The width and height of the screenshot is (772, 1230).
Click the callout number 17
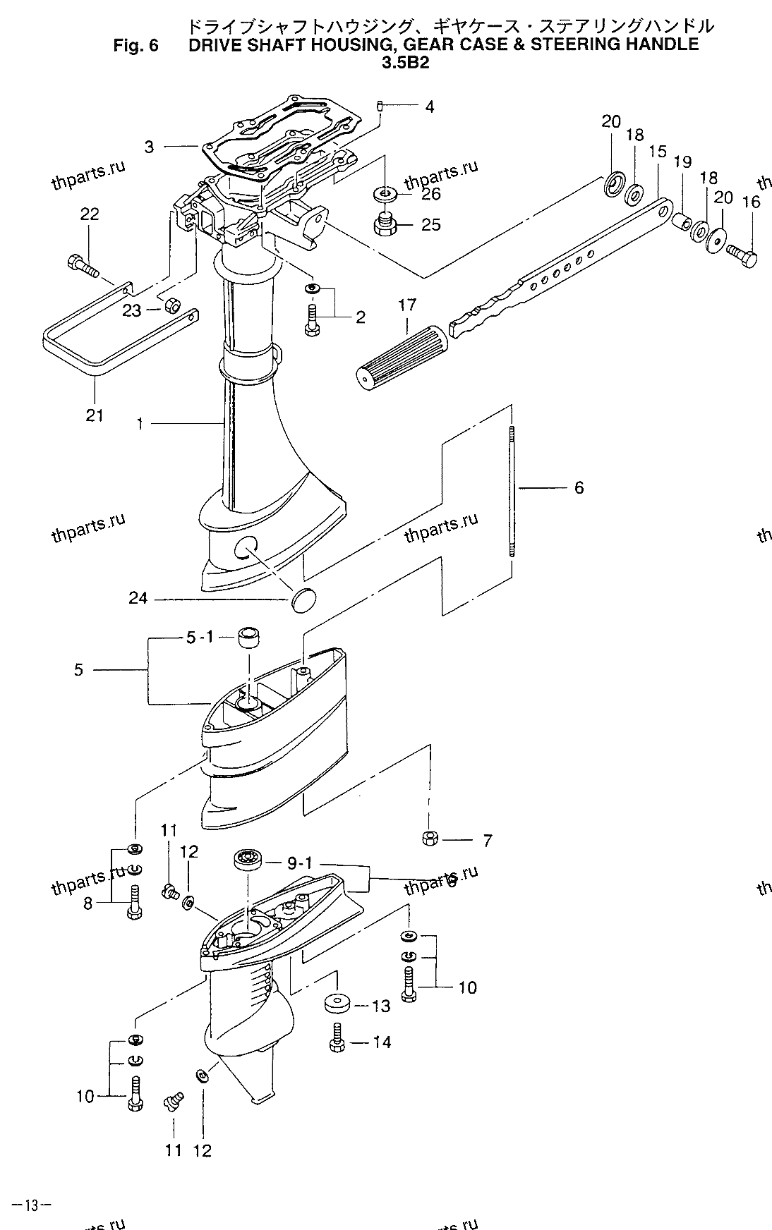(407, 305)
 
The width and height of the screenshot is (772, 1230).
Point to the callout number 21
(95, 415)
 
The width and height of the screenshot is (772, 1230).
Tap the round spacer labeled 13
(337, 1004)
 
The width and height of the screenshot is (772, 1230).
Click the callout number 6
(579, 487)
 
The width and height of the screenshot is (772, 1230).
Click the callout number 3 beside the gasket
(149, 147)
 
